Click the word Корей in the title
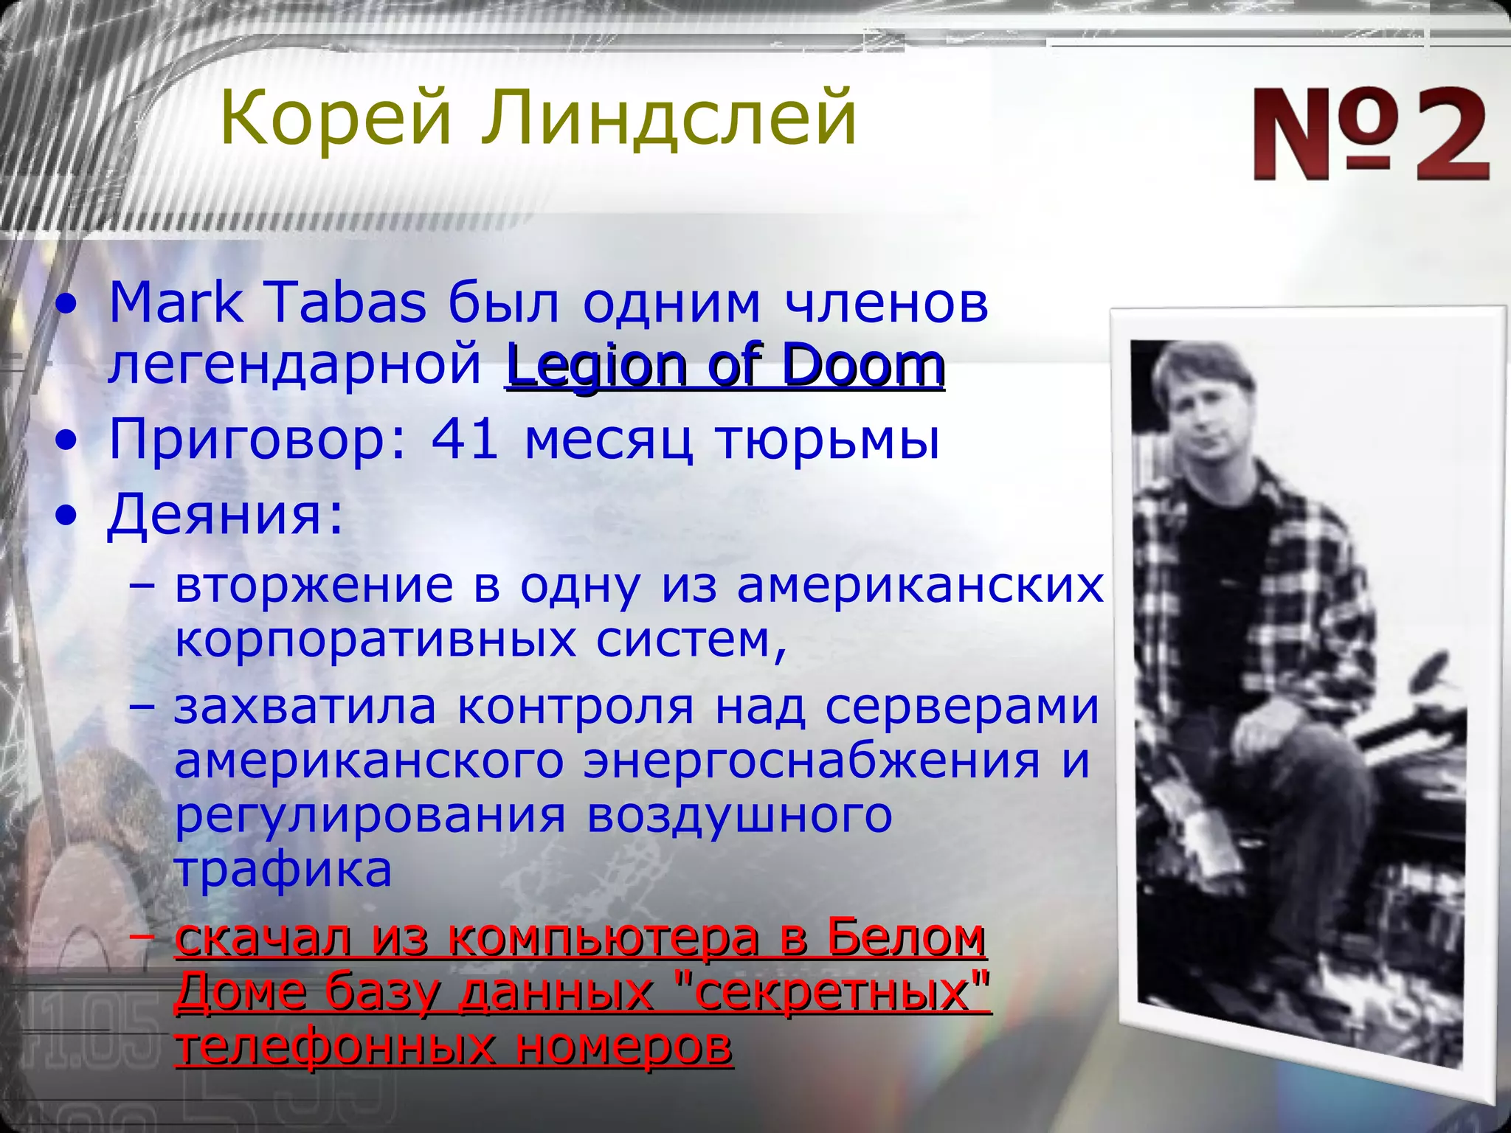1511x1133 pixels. pyautogui.click(x=336, y=118)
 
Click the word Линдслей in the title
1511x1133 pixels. pyautogui.click(x=668, y=118)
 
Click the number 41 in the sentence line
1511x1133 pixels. pyautogui.click(x=465, y=440)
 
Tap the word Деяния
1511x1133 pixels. pyautogui.click(x=225, y=514)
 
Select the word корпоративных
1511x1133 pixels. pyautogui.click(x=376, y=640)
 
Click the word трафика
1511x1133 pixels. pyautogui.click(x=283, y=870)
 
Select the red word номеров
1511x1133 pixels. pyautogui.click(x=623, y=1046)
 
